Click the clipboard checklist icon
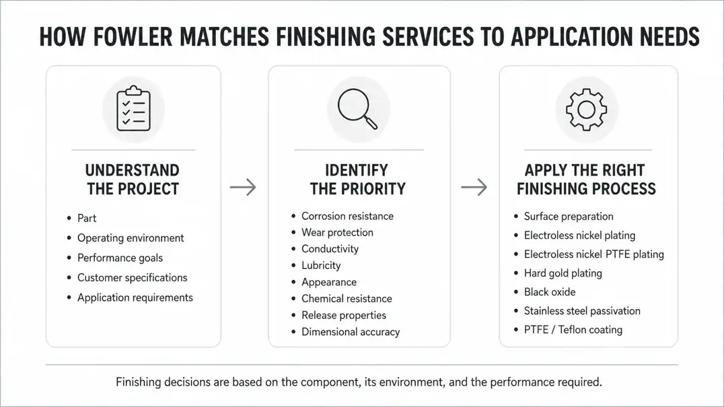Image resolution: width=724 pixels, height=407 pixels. click(133, 108)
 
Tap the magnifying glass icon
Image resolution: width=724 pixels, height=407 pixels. click(357, 108)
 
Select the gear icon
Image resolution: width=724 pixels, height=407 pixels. click(587, 110)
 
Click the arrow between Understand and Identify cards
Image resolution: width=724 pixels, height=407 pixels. click(243, 187)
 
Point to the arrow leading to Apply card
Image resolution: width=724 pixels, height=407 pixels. click(474, 187)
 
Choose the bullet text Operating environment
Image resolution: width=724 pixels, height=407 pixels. click(131, 238)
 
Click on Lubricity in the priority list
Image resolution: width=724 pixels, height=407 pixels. click(321, 265)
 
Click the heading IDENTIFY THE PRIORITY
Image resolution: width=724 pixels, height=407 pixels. click(357, 180)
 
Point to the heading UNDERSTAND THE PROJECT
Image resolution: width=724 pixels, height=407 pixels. click(133, 180)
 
